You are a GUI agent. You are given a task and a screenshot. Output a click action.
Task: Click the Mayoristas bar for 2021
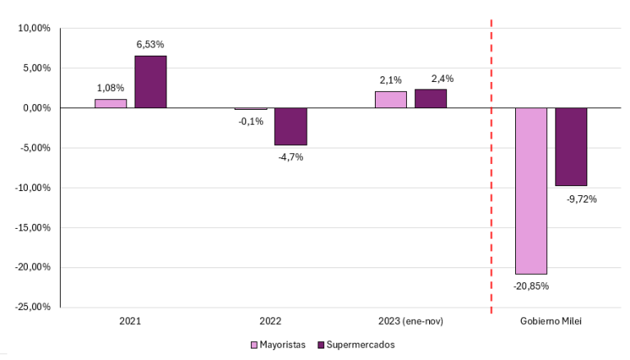tap(111, 103)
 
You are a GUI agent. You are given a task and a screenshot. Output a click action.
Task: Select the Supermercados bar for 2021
tap(151, 82)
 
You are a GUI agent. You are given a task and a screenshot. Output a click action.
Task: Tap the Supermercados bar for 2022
tap(290, 126)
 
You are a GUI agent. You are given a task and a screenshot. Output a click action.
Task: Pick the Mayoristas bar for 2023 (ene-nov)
tap(390, 99)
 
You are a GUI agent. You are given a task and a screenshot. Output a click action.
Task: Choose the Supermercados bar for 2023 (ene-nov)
tap(431, 98)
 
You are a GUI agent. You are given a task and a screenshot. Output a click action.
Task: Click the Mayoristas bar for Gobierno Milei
tap(531, 190)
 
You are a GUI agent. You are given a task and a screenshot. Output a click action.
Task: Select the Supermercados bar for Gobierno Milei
tap(571, 147)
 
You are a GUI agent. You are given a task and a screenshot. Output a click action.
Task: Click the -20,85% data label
tap(531, 286)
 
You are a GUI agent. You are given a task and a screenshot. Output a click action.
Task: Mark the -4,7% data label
tap(290, 157)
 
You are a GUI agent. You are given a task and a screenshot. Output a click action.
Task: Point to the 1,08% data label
tap(111, 87)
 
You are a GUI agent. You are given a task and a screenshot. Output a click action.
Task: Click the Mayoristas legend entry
tap(278, 344)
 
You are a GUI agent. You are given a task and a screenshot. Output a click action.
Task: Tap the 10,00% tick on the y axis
tap(34, 28)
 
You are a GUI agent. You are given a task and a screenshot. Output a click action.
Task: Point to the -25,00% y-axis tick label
tap(33, 307)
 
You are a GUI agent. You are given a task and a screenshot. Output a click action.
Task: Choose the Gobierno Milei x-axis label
tap(550, 321)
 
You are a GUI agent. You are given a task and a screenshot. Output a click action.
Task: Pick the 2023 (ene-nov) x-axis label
tap(410, 321)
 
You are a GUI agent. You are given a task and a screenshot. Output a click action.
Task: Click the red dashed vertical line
tap(491, 205)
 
